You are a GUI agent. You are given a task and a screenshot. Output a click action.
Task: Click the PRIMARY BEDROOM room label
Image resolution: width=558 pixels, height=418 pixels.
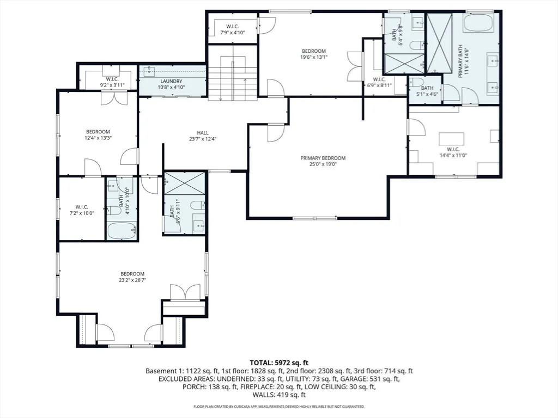[323, 158]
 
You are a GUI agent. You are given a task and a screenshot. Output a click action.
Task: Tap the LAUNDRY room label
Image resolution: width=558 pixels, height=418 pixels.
[171, 81]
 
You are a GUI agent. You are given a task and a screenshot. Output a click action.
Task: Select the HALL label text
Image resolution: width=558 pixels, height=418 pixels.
[203, 133]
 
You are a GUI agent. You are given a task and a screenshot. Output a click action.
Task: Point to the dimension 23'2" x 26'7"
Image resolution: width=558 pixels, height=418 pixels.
[132, 280]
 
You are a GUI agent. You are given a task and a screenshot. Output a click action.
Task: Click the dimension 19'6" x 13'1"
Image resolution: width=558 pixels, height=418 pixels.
[314, 57]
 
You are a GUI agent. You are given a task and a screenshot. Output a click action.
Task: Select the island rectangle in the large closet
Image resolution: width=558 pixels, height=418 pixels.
[452, 138]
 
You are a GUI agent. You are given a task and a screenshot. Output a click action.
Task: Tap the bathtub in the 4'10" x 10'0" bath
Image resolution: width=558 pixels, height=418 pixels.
[122, 230]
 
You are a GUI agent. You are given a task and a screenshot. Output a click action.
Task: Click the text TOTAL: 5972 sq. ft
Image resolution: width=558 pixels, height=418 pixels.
[279, 363]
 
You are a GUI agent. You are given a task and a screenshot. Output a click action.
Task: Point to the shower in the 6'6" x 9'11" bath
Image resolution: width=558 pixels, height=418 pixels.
[185, 183]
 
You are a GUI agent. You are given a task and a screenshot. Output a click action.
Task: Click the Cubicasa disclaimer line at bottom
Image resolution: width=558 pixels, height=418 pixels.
[279, 406]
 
